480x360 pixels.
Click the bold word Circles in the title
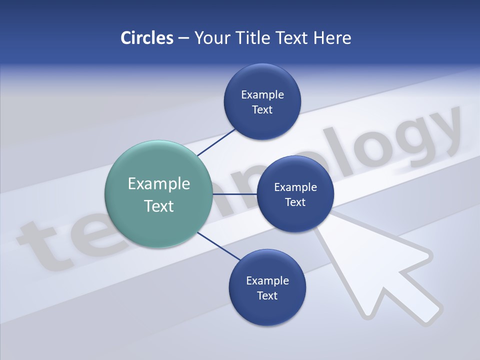point(146,38)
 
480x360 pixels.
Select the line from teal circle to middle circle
point(234,194)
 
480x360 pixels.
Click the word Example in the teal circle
point(159,183)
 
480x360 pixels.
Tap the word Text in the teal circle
point(159,206)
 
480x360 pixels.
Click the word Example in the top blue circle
point(262,95)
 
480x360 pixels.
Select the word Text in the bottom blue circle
point(267,295)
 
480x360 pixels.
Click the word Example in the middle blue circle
point(295,187)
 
